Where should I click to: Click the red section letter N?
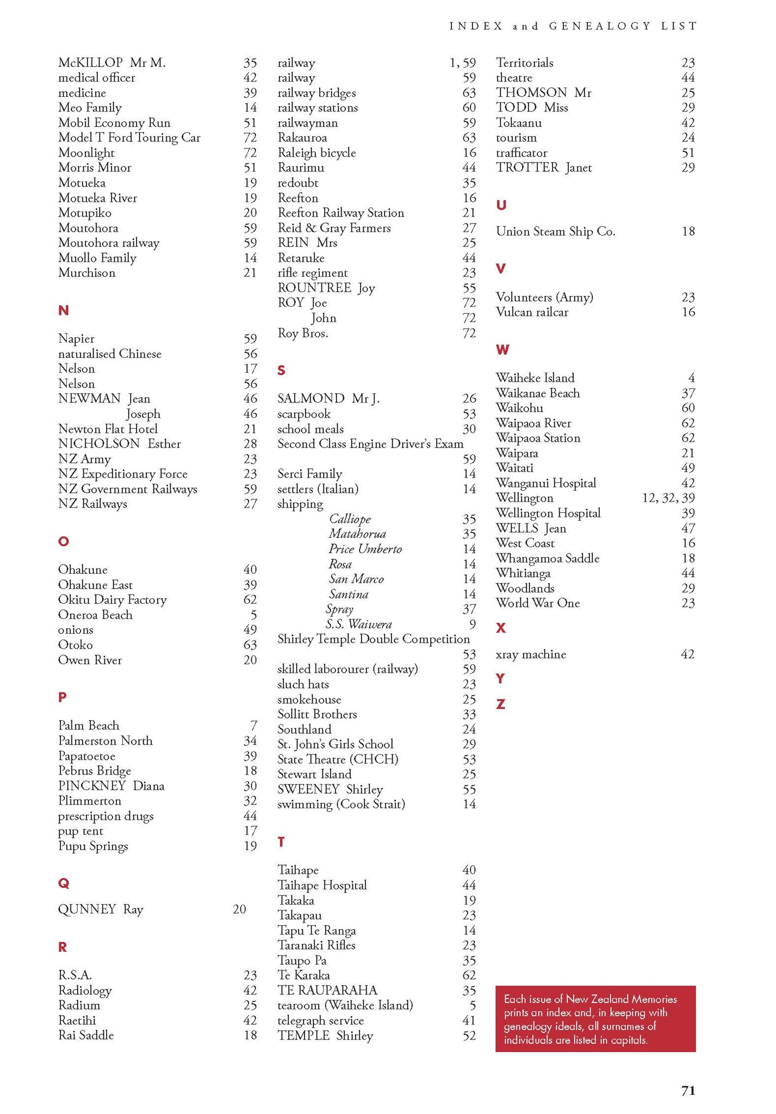tap(63, 311)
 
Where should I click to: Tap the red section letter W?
tap(502, 350)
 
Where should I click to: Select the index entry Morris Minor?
tap(95, 168)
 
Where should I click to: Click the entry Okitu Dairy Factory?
tap(112, 599)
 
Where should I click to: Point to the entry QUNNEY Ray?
tap(101, 909)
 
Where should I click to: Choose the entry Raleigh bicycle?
tap(316, 153)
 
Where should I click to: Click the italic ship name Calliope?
tap(350, 519)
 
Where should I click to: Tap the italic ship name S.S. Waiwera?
tap(359, 624)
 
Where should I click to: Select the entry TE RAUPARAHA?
tap(327, 990)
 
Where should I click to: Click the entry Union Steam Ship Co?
tap(555, 232)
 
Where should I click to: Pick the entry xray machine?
tap(531, 654)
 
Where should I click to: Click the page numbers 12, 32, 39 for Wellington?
tap(668, 498)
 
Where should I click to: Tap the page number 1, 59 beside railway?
tap(462, 63)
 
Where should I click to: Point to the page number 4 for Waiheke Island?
tap(691, 378)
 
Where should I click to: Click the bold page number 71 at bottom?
tap(688, 1091)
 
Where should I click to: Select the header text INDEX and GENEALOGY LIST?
tap(573, 26)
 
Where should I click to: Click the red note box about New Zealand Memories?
tap(595, 1019)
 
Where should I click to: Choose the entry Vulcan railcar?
tap(532, 312)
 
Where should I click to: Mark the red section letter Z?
tap(500, 704)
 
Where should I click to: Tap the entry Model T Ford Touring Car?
tap(129, 138)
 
